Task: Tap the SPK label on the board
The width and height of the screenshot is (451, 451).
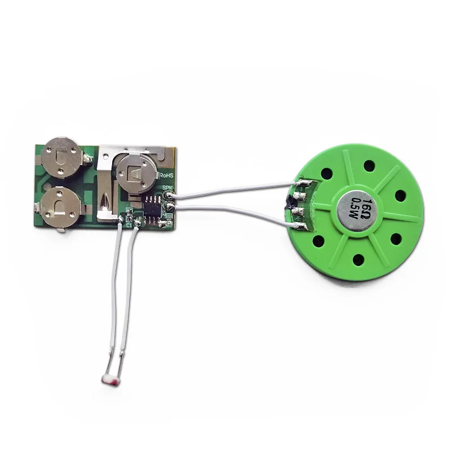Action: click(167, 188)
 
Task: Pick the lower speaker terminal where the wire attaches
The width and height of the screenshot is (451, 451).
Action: click(299, 224)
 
